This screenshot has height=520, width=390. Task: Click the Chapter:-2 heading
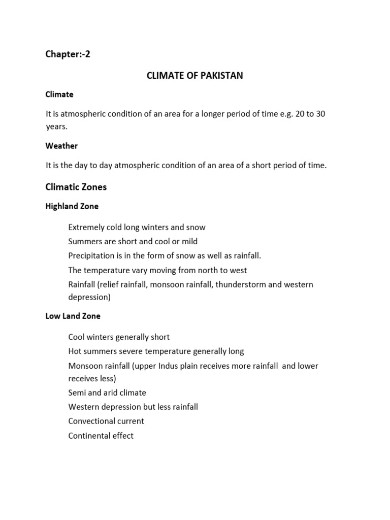click(68, 54)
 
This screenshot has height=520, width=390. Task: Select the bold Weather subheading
click(61, 146)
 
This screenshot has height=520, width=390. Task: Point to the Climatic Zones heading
click(76, 187)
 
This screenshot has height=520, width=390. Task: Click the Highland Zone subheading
click(72, 206)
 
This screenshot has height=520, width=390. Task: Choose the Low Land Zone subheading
click(73, 316)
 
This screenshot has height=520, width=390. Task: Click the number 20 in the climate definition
click(299, 114)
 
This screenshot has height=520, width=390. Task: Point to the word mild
click(189, 241)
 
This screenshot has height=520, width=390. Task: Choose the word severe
click(132, 351)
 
